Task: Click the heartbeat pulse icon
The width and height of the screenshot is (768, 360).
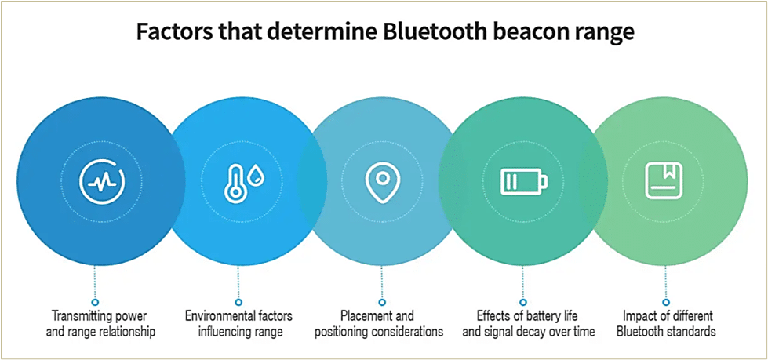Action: point(101,180)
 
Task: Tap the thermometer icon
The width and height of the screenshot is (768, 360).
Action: point(234,180)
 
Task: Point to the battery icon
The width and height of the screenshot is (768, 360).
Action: point(523,180)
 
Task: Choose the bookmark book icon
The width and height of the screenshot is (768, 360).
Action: point(664,180)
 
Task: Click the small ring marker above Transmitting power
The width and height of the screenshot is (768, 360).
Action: point(95,302)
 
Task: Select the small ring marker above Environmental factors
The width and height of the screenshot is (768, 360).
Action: point(238,302)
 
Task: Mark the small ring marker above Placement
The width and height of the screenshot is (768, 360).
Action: point(382,302)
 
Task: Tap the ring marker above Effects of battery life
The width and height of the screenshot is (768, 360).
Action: point(523,302)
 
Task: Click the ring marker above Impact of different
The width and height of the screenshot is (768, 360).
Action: point(666,302)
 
